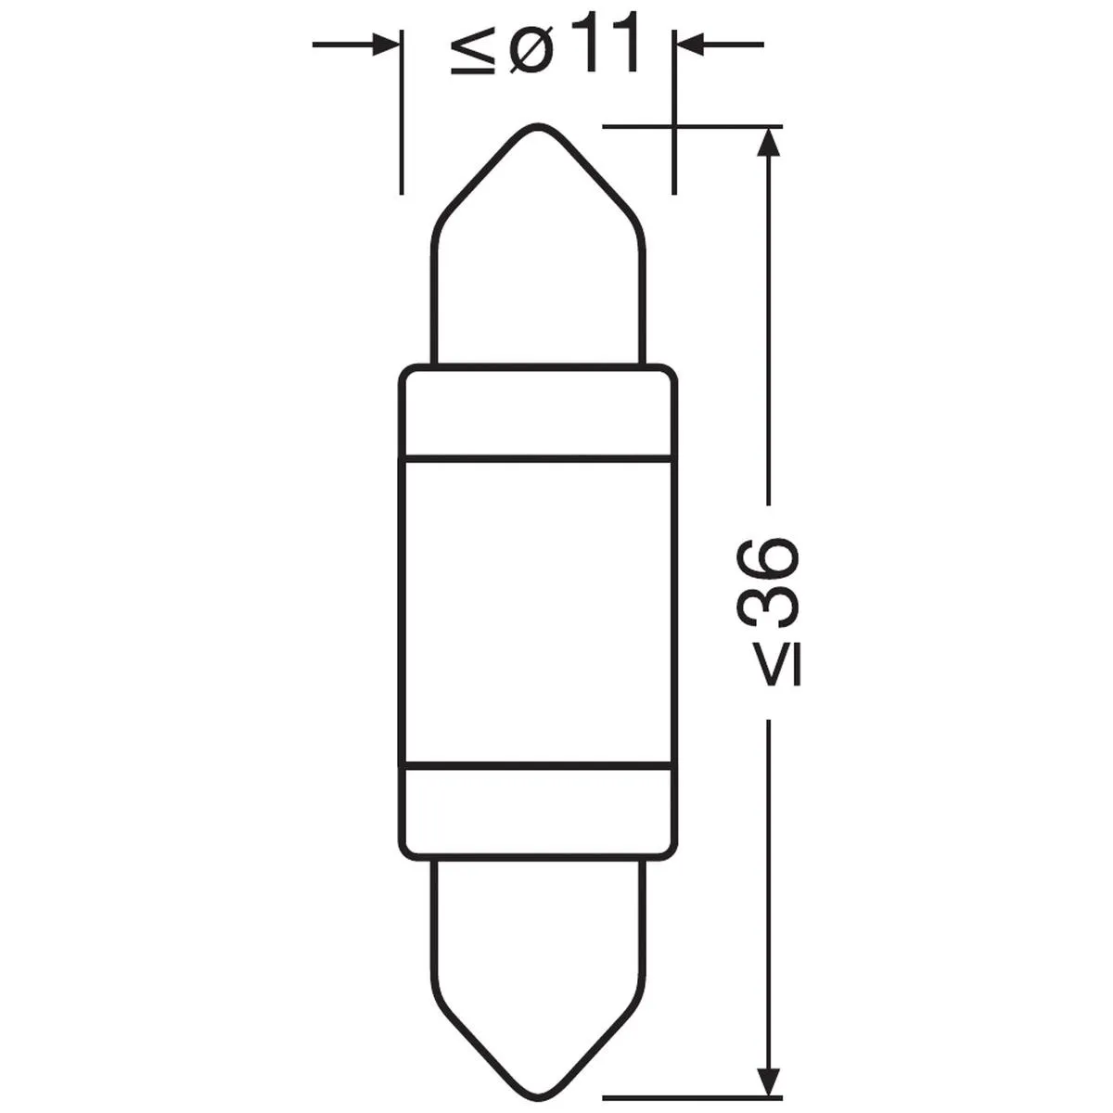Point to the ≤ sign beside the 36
778,665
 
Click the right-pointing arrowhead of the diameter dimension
383,45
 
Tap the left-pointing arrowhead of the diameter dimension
692,45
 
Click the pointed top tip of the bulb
538,126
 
